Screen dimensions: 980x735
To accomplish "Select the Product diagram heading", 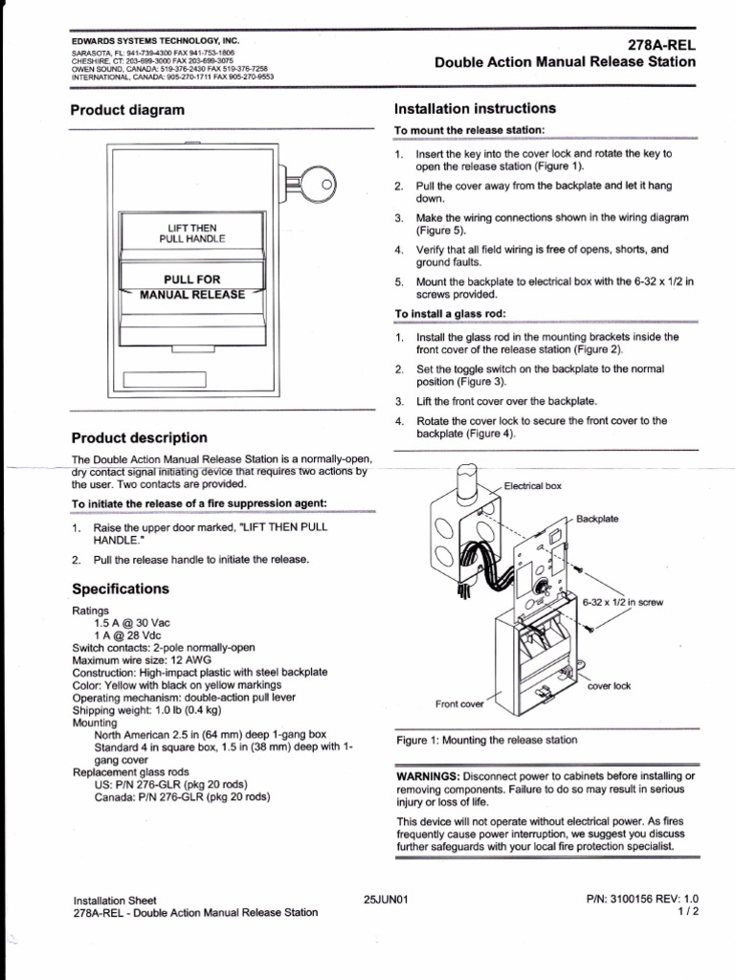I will coord(127,110).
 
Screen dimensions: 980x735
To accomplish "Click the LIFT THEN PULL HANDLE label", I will coord(191,233).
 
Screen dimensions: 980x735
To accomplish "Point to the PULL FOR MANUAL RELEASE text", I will coord(191,287).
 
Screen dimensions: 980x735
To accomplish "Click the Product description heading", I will coord(140,437).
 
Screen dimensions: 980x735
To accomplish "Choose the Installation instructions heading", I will coord(475,109).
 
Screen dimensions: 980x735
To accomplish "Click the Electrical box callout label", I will coord(532,486).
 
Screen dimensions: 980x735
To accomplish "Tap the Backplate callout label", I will coord(597,519).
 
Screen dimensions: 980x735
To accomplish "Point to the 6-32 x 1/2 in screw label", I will coord(622,603).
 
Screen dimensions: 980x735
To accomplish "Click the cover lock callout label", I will coord(609,686).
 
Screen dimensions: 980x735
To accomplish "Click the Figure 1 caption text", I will coord(487,740).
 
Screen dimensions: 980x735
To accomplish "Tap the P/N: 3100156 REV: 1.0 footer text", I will coord(642,900).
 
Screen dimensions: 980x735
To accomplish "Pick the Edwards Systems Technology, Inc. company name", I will coord(155,41).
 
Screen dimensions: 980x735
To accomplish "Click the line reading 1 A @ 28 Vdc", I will coord(129,635).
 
